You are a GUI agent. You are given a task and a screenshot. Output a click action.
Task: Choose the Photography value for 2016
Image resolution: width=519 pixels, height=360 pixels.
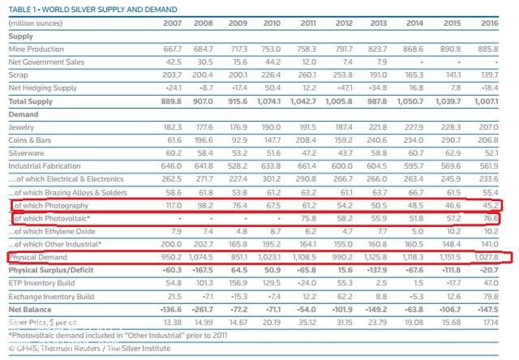pos(487,206)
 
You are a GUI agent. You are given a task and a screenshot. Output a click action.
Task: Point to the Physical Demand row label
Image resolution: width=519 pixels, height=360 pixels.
pos(40,258)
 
